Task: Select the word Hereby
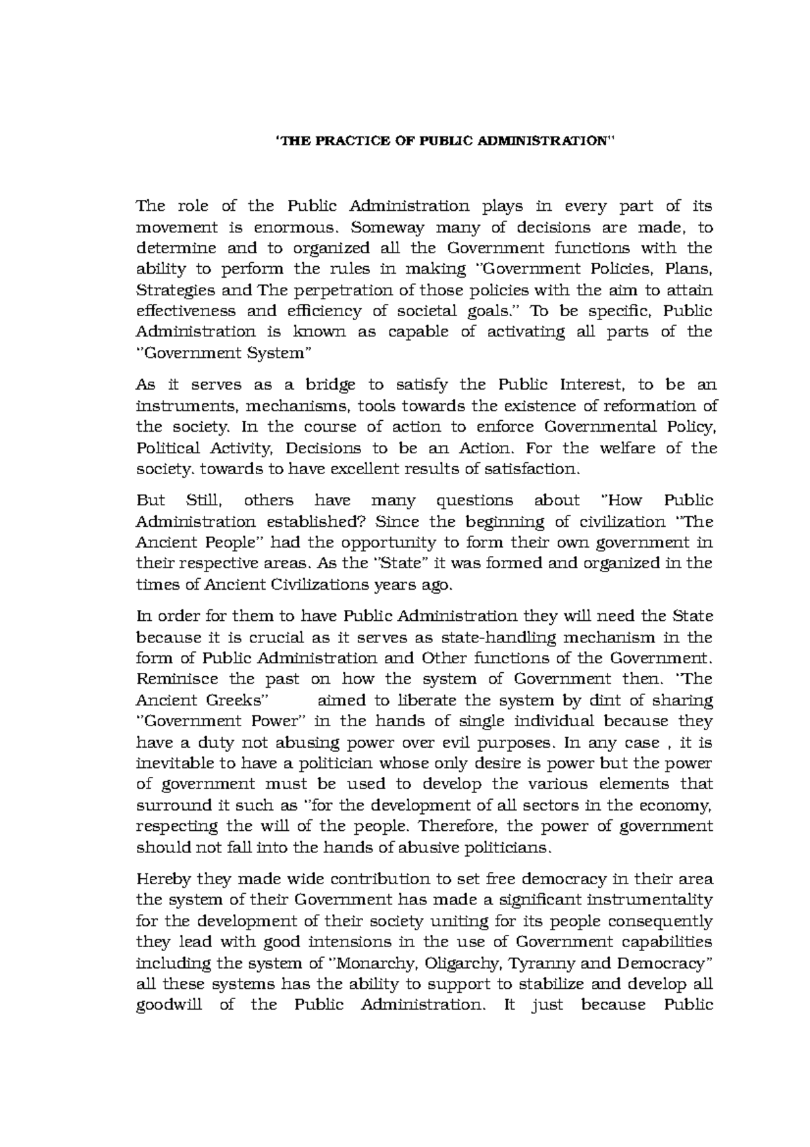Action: click(x=162, y=879)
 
